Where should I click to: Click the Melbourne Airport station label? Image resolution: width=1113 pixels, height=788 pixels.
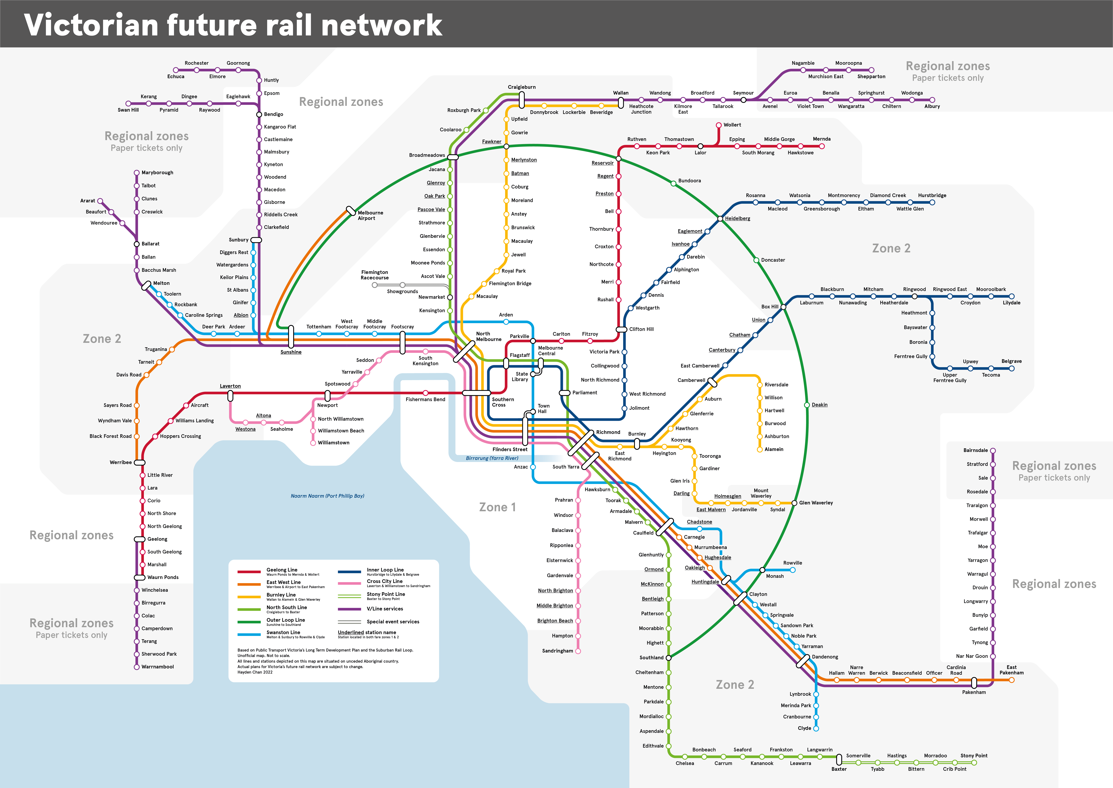pyautogui.click(x=370, y=215)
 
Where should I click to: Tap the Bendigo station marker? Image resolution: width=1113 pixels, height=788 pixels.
pyautogui.click(x=259, y=114)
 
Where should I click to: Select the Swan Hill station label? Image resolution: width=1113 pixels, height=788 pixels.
pyautogui.click(x=128, y=110)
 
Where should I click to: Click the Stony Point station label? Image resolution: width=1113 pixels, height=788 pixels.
pyautogui.click(x=974, y=756)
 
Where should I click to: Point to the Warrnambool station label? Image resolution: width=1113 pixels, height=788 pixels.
pyautogui.click(x=157, y=667)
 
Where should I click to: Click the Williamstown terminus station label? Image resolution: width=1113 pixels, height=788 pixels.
pyautogui.click(x=334, y=443)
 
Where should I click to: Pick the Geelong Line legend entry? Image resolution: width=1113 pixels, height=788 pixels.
pyautogui.click(x=282, y=570)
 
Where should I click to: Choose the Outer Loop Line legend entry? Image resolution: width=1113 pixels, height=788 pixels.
pyautogui.click(x=286, y=620)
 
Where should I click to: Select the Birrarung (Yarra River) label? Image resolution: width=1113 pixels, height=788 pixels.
pyautogui.click(x=491, y=458)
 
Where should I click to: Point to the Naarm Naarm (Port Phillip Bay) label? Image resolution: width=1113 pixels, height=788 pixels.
pyautogui.click(x=327, y=496)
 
